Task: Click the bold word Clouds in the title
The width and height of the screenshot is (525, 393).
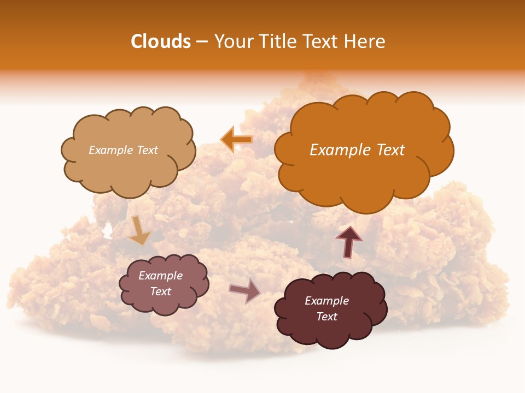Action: coord(161,41)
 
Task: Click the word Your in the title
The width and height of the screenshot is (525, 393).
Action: coord(232,41)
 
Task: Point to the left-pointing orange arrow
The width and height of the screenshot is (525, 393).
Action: coord(236,139)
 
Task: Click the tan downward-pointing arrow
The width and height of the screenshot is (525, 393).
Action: coord(139,230)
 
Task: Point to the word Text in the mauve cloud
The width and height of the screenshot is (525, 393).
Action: coord(161,291)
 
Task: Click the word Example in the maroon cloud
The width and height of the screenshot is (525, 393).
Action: coord(326,301)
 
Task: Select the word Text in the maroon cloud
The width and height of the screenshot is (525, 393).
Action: coord(326,317)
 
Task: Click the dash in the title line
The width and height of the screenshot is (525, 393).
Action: coord(202,41)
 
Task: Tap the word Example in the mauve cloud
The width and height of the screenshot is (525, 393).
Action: coord(161,276)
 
